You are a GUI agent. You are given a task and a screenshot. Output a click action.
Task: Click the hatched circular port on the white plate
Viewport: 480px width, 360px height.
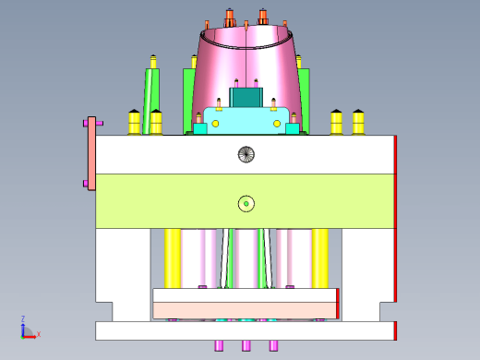246,154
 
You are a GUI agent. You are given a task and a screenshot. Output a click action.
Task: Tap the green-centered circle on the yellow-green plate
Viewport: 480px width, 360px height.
246,204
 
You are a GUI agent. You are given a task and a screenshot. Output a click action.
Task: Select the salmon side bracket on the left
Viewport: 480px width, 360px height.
91,153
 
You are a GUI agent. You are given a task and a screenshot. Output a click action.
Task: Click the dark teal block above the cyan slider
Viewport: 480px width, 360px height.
246,98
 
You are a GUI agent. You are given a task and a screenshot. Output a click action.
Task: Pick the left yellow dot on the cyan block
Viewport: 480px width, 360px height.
215,124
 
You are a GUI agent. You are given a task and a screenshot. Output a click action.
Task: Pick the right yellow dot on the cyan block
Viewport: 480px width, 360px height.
277,124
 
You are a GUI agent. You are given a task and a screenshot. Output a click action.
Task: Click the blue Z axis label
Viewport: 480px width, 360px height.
23,318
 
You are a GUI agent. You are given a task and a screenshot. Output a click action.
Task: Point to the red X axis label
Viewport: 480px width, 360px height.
39,334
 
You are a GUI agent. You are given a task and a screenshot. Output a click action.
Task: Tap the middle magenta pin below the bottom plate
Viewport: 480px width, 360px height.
246,345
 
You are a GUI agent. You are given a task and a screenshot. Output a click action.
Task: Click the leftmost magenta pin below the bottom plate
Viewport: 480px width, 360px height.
219,345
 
